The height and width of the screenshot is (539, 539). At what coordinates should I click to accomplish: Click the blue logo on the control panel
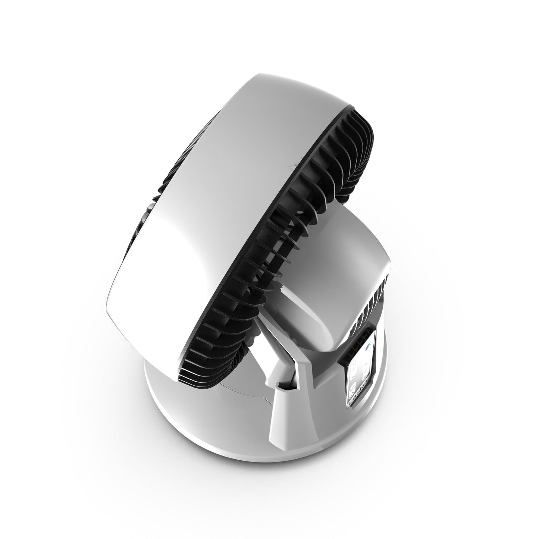pos(368,347)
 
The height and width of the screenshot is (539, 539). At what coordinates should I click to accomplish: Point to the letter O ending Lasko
pos(366,384)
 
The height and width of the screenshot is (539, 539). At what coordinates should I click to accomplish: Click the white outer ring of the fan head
pos(224,168)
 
